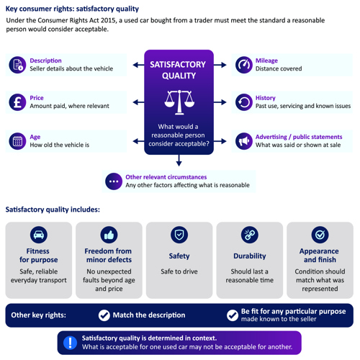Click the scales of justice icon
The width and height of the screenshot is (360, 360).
click(179, 102)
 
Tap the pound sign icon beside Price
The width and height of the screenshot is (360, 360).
click(17, 102)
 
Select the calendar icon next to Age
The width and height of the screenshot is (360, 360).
click(17, 141)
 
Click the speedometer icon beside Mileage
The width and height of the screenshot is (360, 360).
click(244, 65)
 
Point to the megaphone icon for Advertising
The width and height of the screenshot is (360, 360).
click(244, 141)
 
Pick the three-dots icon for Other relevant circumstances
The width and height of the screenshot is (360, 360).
click(114, 181)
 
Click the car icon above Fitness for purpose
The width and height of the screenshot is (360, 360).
click(39, 235)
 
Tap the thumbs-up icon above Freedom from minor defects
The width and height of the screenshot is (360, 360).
click(109, 235)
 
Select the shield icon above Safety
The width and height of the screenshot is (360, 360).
click(179, 235)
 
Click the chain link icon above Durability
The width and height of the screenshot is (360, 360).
click(250, 235)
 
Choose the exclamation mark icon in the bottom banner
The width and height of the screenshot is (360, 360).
click(70, 343)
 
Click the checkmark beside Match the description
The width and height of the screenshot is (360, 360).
click(104, 315)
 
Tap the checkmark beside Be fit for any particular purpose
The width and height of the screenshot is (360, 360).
click(233, 315)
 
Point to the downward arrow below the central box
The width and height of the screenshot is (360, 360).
click(179, 161)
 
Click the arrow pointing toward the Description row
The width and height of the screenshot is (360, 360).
click(138, 65)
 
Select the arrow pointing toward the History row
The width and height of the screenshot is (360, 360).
click(220, 102)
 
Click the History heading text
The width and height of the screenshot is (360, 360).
click(265, 98)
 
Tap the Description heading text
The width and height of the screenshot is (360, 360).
click(45, 60)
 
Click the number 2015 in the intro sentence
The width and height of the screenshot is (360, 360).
click(108, 20)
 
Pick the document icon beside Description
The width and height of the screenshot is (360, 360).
click(17, 65)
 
